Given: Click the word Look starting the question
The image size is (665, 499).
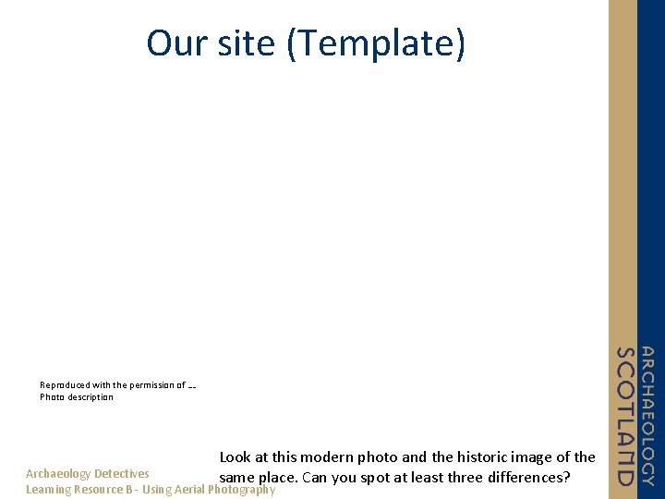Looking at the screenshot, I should [236, 456].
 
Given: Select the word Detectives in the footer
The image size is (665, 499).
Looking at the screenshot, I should [122, 474].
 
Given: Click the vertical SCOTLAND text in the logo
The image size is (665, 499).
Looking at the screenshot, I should [626, 416].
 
